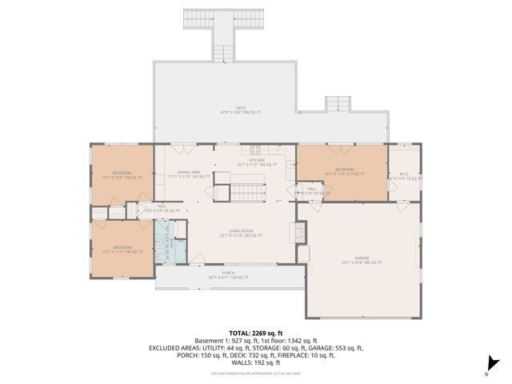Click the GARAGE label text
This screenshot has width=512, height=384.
click(362, 259)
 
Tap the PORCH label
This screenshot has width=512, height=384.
click(229, 275)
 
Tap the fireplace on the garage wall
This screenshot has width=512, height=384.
click(299, 232)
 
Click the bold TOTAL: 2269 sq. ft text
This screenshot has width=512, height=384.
click(256, 333)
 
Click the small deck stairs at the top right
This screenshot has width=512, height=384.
click(337, 104)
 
